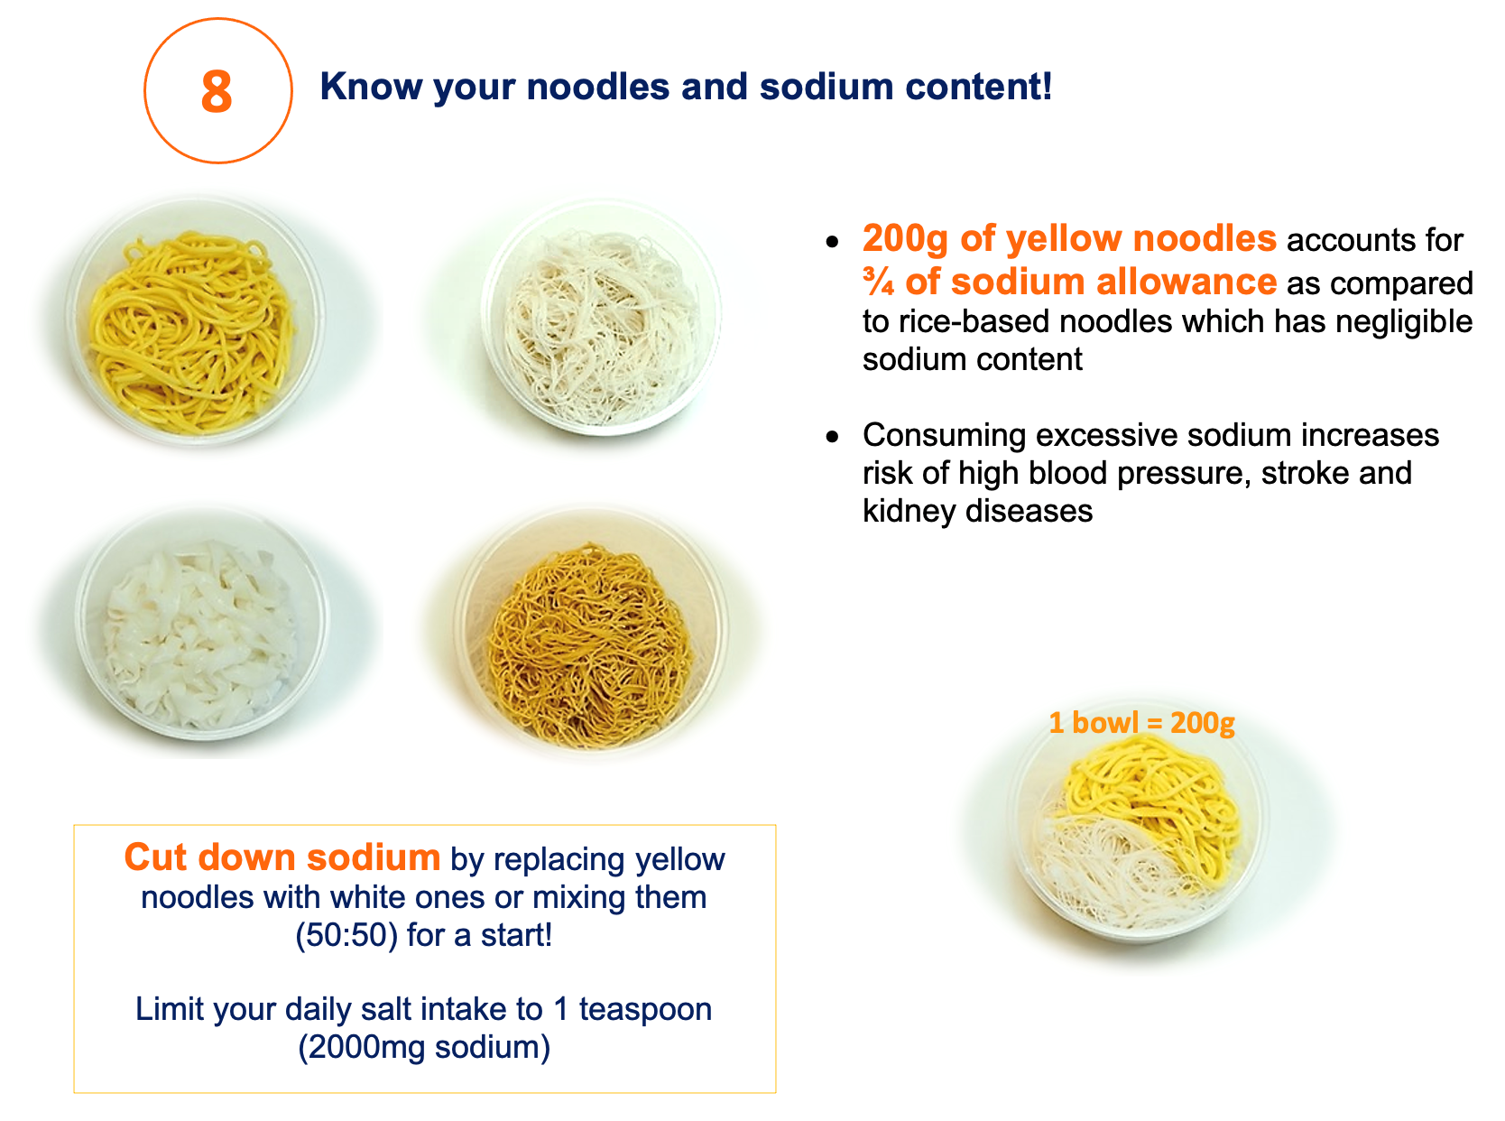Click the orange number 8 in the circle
(x=217, y=92)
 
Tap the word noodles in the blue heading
(x=598, y=87)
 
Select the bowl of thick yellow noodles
(x=195, y=321)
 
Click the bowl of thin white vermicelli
(x=601, y=318)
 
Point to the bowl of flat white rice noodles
(x=201, y=625)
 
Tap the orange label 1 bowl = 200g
(x=1141, y=722)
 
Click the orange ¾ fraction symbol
(x=878, y=282)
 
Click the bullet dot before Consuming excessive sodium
(x=833, y=437)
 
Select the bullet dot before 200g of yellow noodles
(x=833, y=242)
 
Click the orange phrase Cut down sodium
(x=282, y=857)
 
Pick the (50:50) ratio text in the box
(x=346, y=935)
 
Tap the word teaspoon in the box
(x=644, y=1010)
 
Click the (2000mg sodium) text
(x=424, y=1047)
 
